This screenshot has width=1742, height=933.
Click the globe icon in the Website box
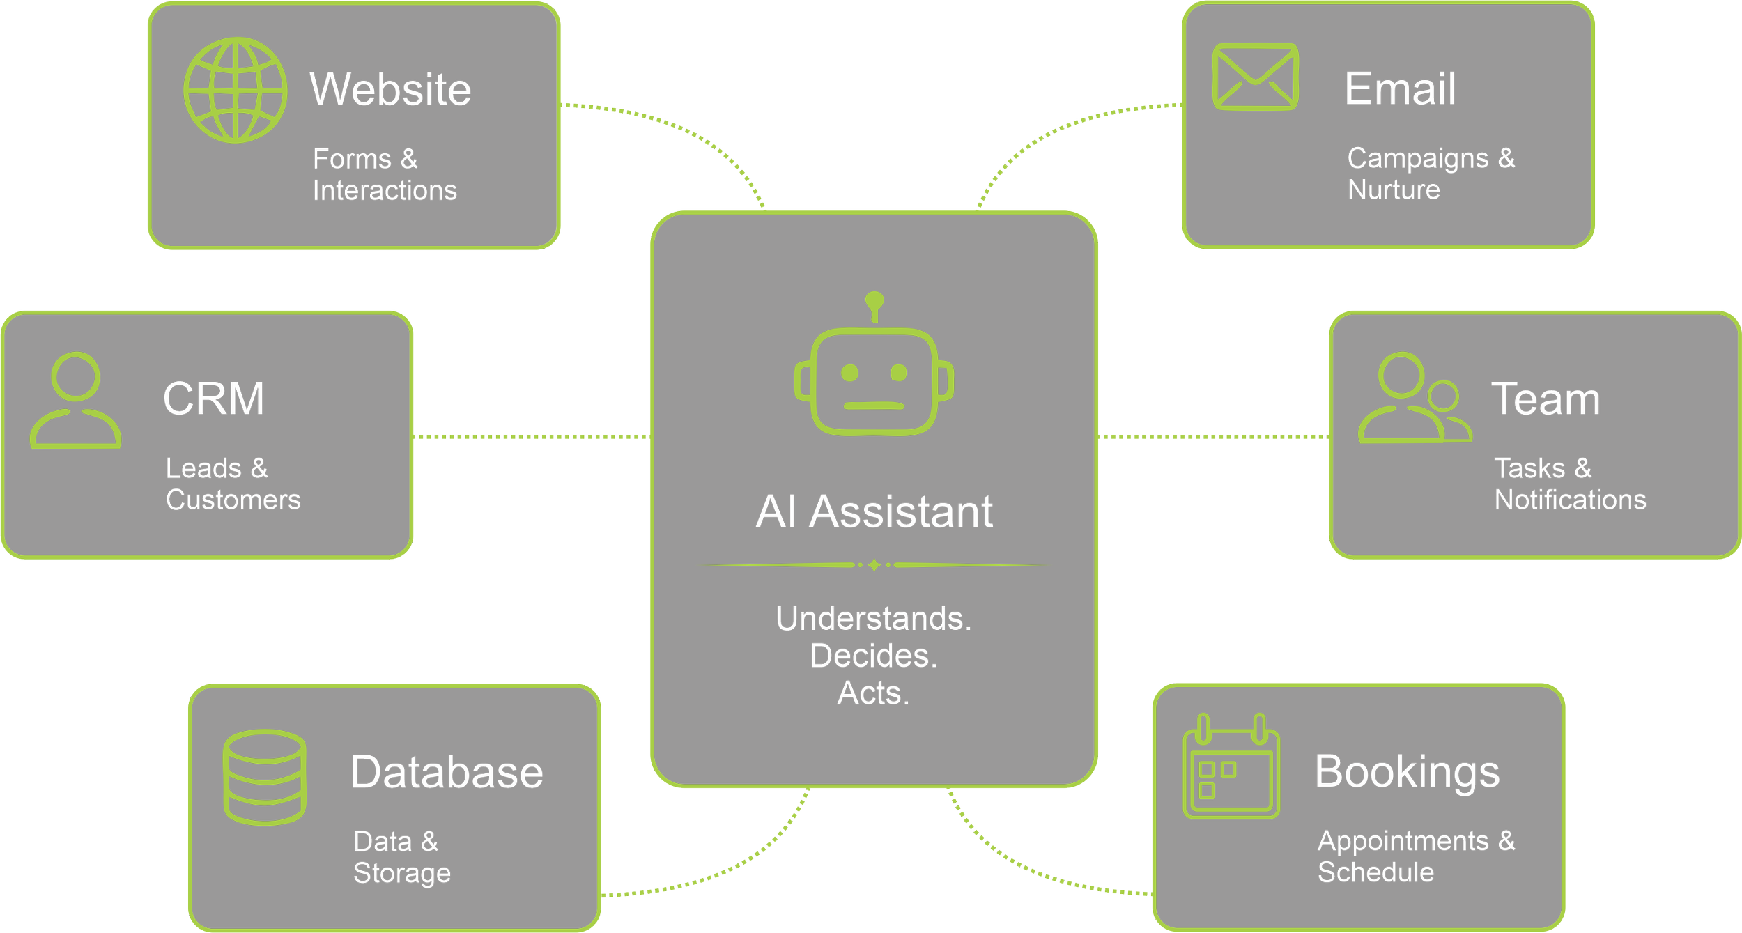tap(236, 90)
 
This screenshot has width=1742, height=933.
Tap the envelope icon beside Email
tap(1255, 77)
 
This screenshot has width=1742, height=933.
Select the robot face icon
tap(874, 364)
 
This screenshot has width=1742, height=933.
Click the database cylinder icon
tap(265, 778)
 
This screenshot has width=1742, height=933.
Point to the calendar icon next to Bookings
tap(1231, 766)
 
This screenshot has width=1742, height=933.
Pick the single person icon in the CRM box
tap(75, 400)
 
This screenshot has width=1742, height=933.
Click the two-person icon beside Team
tap(1415, 398)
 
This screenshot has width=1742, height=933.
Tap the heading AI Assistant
tap(874, 511)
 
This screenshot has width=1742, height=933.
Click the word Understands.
tap(874, 619)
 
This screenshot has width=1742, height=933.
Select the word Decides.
tap(874, 656)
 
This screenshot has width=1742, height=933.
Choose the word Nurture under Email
tap(1394, 190)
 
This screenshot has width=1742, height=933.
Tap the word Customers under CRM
tap(233, 500)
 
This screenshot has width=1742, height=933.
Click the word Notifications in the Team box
tap(1571, 500)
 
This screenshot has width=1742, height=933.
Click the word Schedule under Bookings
tap(1376, 872)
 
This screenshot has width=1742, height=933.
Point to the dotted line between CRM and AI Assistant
tap(532, 437)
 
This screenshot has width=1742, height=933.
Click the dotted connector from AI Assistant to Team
tap(1214, 437)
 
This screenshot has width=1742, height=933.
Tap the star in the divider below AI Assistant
tap(874, 565)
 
